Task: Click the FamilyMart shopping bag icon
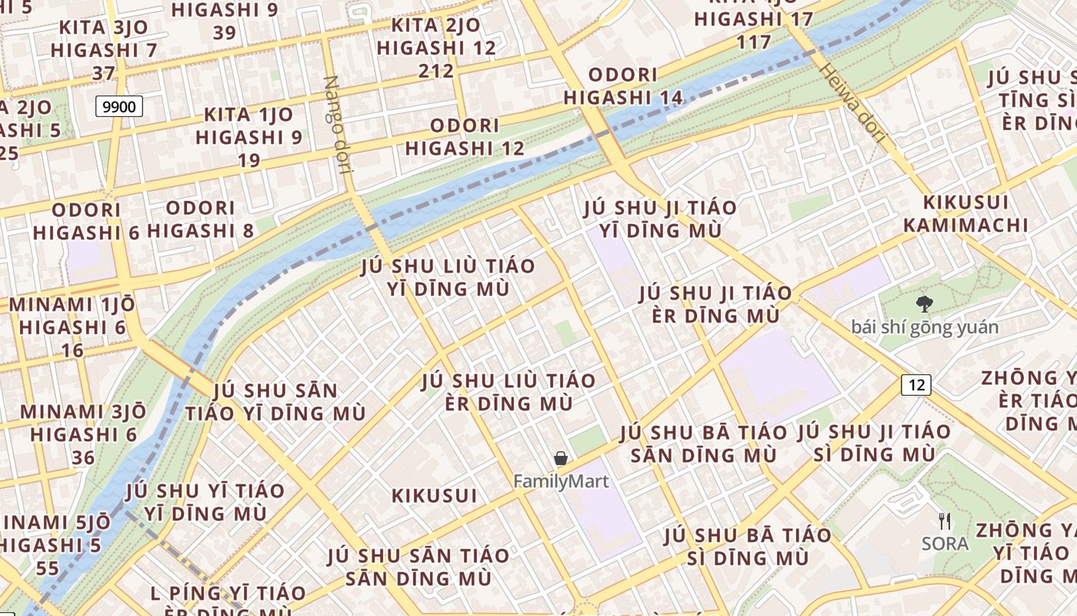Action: point(561,459)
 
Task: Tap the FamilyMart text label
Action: point(561,482)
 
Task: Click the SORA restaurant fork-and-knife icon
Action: point(945,521)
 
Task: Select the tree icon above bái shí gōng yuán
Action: point(925,304)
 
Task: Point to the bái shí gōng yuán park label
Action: point(925,327)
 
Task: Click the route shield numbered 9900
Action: point(119,106)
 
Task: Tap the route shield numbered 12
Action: point(916,384)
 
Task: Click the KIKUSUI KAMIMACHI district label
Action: point(965,213)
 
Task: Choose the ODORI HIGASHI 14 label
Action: point(623,86)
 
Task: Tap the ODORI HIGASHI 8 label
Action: point(200,219)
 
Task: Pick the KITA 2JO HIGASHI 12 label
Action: point(436,48)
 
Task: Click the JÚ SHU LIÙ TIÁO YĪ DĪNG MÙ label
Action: point(448,277)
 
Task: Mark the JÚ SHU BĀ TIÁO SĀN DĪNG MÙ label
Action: point(703,444)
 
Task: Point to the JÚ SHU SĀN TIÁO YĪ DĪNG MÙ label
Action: point(275,401)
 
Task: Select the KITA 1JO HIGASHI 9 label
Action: point(248,137)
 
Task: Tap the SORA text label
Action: point(945,544)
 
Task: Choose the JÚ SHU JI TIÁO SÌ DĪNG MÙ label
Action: point(875,443)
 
